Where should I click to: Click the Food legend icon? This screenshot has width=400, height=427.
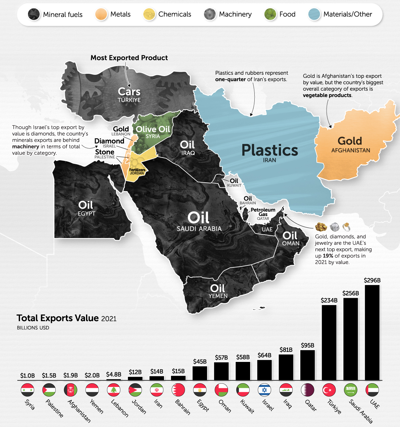[270, 14]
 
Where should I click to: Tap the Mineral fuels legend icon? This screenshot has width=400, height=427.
[34, 14]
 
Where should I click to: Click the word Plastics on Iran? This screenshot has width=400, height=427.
[269, 150]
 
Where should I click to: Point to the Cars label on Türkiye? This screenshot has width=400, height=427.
[129, 92]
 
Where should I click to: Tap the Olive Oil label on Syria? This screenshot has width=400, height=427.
[153, 129]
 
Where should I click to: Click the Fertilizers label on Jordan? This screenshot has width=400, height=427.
[137, 170]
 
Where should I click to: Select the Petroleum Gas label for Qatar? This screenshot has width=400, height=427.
[263, 212]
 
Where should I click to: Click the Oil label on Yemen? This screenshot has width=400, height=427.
[217, 288]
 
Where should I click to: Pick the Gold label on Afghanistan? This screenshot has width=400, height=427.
[350, 141]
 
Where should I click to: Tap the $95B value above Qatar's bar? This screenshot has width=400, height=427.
[307, 345]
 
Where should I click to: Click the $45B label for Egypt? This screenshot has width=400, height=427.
[200, 362]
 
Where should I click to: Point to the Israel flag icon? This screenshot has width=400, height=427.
[265, 390]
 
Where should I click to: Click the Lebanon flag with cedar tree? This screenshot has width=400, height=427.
[114, 390]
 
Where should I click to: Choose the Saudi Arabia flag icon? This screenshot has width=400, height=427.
[350, 390]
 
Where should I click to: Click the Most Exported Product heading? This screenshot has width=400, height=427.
[129, 58]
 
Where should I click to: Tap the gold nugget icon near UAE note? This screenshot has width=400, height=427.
[320, 227]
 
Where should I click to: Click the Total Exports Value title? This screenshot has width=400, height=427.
[58, 318]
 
